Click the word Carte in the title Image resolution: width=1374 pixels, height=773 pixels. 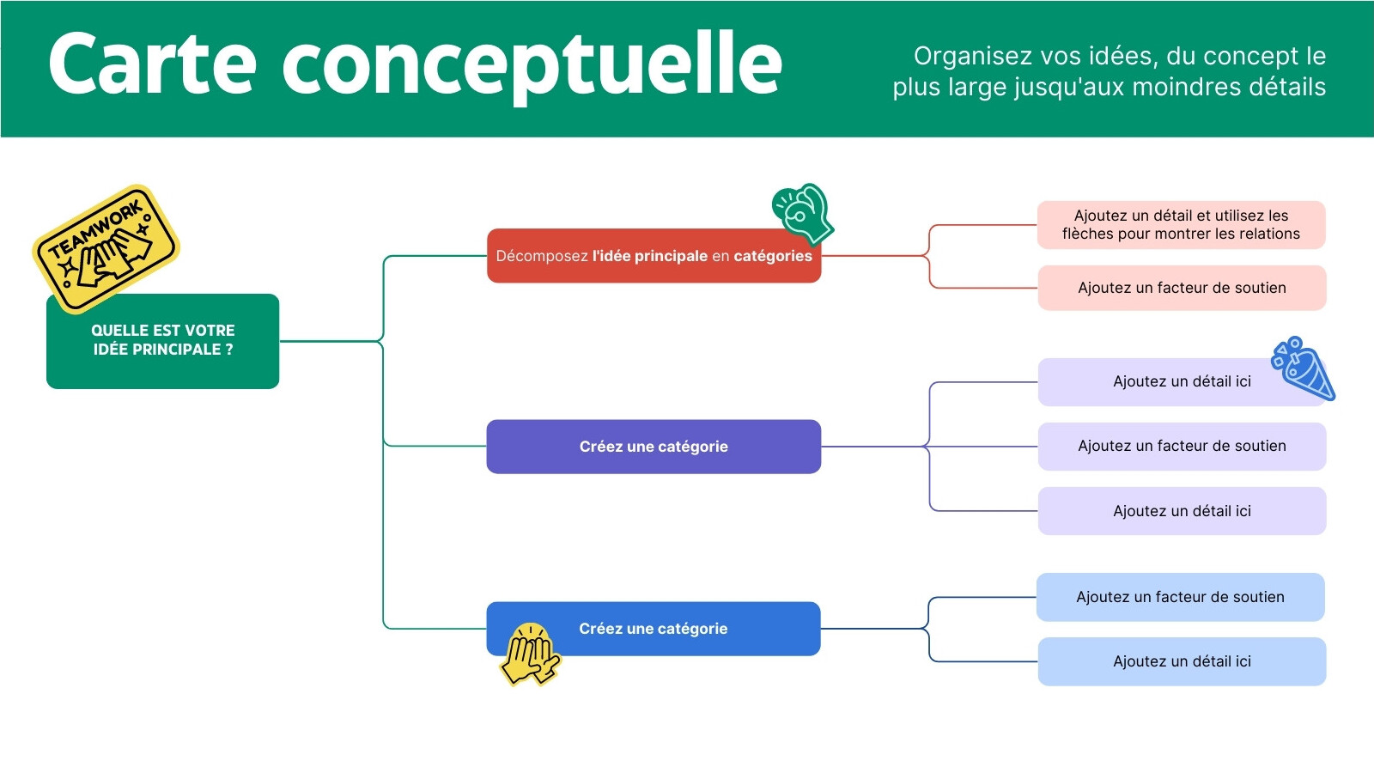pyautogui.click(x=152, y=64)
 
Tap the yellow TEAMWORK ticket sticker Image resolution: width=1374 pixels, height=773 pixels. pyautogui.click(x=106, y=248)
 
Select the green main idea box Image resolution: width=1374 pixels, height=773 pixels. pyautogui.click(x=162, y=341)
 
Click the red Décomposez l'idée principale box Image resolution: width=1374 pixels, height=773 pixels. pyautogui.click(x=654, y=256)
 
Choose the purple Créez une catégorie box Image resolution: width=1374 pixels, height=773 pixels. pyautogui.click(x=654, y=447)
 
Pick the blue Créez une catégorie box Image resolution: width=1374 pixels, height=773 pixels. pyautogui.click(x=654, y=629)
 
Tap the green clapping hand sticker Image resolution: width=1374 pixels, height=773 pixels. pyautogui.click(x=803, y=214)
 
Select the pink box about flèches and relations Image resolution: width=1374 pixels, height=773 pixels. pyautogui.click(x=1182, y=224)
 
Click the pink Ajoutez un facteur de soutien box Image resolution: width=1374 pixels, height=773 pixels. pyautogui.click(x=1182, y=288)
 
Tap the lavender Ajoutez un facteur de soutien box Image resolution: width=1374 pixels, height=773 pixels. pyautogui.click(x=1182, y=447)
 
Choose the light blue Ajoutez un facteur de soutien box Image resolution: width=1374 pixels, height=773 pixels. pyautogui.click(x=1181, y=598)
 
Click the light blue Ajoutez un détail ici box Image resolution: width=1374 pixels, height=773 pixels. pyautogui.click(x=1182, y=662)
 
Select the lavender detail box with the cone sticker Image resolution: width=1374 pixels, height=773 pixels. pyautogui.click(x=1182, y=382)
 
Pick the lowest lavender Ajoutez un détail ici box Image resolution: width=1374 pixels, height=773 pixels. pyautogui.click(x=1182, y=511)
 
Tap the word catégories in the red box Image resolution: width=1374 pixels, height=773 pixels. pyautogui.click(x=773, y=257)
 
